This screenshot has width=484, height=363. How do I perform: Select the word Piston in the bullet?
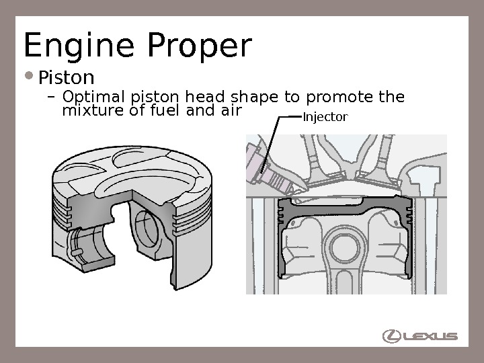(x=66, y=74)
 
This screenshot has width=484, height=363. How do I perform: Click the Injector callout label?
(x=325, y=118)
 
